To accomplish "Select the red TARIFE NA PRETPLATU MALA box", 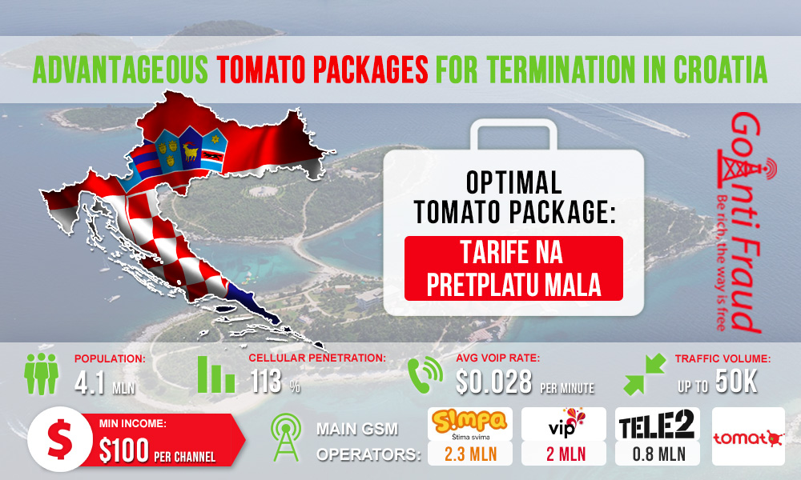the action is [x=513, y=268].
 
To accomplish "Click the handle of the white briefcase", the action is [x=513, y=134].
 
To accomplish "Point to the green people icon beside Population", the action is [x=42, y=374].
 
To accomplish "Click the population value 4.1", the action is [x=90, y=382].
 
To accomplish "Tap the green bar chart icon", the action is [x=216, y=374].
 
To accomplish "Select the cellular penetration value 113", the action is [x=266, y=382].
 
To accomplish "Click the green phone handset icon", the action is [x=425, y=375].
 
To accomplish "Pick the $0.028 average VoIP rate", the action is [x=493, y=382].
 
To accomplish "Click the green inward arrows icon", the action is [x=645, y=374].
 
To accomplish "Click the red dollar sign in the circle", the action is [x=60, y=438].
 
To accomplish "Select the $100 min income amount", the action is [x=124, y=451].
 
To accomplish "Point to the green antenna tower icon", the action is [x=287, y=438].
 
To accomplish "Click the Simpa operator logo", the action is [x=470, y=424].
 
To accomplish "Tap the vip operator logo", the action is [x=563, y=424].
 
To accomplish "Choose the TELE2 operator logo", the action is [x=657, y=424].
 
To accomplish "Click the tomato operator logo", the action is [x=748, y=436].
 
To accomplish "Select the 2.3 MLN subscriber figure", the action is [x=470, y=454].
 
